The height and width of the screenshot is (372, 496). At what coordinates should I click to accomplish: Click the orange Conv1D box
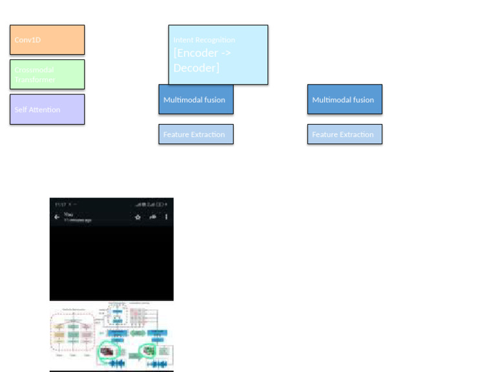pos(47,40)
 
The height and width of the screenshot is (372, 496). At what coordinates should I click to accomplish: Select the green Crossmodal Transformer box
pos(47,74)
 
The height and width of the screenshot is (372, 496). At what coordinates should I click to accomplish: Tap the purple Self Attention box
pos(47,109)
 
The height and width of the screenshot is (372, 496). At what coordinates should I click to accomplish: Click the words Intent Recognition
pos(204,40)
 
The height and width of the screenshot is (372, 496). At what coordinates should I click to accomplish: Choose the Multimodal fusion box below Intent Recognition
pos(196,99)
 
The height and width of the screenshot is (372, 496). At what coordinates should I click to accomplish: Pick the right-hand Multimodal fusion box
pos(344,99)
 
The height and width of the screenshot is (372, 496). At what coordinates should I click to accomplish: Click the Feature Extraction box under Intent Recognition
pos(196,134)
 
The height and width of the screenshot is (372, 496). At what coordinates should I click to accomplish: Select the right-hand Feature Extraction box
pos(344,134)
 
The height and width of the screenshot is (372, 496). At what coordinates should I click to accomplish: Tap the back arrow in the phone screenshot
pos(57,217)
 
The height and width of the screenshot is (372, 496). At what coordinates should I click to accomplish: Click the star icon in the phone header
pos(138,217)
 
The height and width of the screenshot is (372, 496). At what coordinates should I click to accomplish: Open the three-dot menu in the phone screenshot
pos(167,217)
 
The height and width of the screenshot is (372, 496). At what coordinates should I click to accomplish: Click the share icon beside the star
pos(153,217)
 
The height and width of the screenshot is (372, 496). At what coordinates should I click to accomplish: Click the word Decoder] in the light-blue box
pos(196,68)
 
